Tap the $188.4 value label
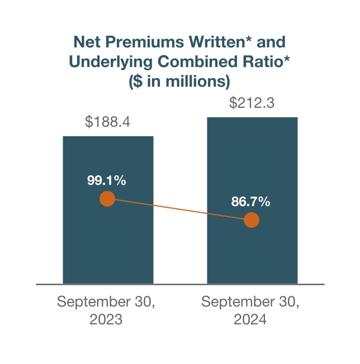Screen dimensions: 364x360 pos(108,122)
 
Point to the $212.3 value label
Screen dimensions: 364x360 pos(252,103)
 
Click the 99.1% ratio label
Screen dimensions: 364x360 pos(107,180)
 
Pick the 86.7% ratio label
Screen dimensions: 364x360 pos(251,202)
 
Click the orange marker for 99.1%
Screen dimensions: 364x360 pos(107,199)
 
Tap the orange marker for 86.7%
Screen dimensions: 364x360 pos(252,220)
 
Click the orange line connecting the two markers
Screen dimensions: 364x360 pos(179,209)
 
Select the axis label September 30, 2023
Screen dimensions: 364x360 pos(106,311)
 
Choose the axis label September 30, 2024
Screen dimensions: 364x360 pos(250,311)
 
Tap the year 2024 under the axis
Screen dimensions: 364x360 pos(250,320)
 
